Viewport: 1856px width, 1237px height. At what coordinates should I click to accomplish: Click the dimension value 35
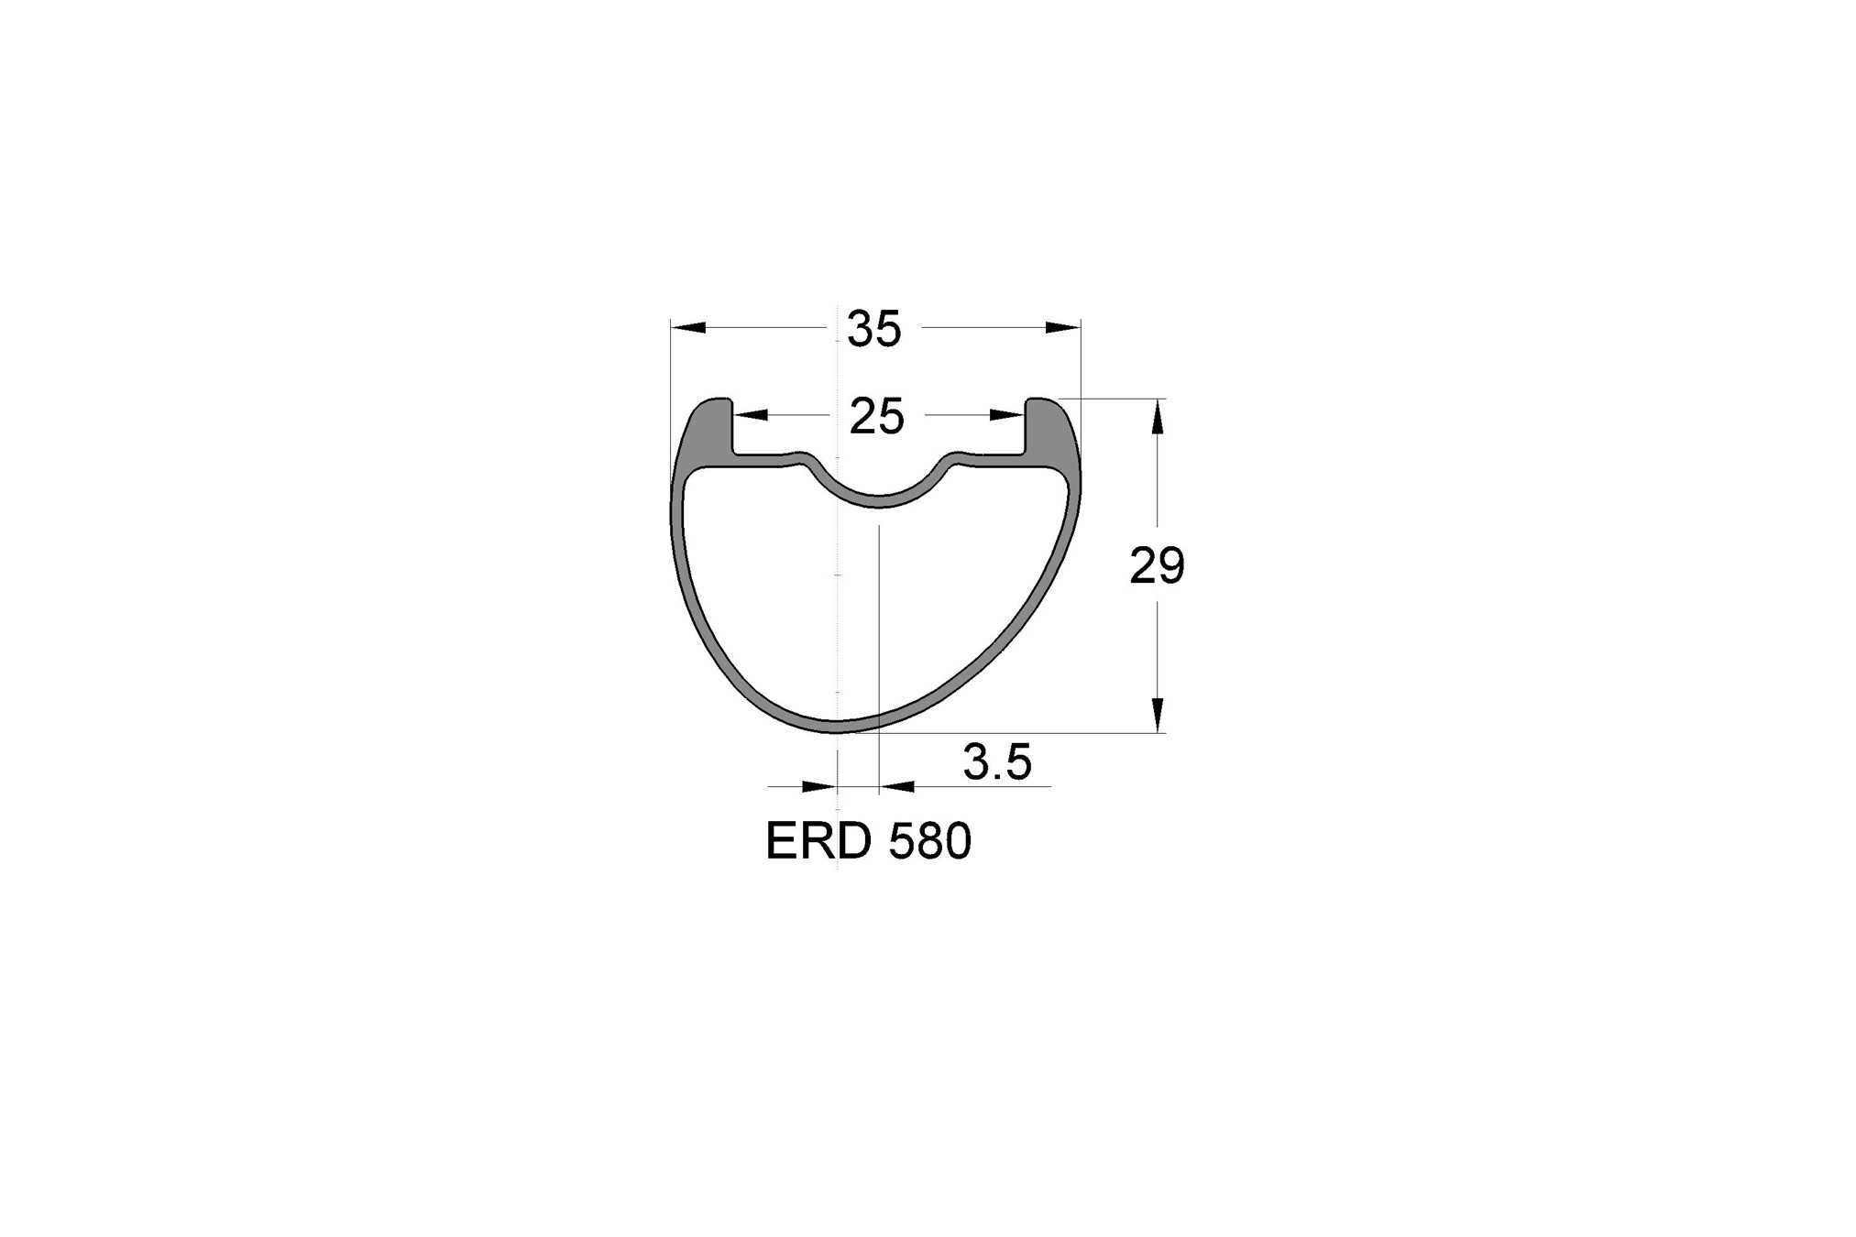[874, 329]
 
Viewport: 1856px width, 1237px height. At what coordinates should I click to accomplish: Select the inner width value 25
[877, 417]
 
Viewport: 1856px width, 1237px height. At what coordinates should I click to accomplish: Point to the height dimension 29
[1157, 566]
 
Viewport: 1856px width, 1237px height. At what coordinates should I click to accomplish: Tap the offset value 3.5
[997, 762]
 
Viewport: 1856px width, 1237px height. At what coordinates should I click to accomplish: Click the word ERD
[818, 841]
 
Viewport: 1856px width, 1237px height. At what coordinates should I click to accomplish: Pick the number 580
[929, 841]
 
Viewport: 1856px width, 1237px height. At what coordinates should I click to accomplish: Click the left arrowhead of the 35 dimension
[688, 327]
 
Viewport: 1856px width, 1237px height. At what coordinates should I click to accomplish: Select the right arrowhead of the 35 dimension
[1063, 327]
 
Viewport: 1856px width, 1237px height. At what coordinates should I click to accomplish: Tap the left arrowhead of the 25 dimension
[751, 415]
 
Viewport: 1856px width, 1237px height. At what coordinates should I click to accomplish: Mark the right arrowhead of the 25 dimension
[1006, 415]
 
